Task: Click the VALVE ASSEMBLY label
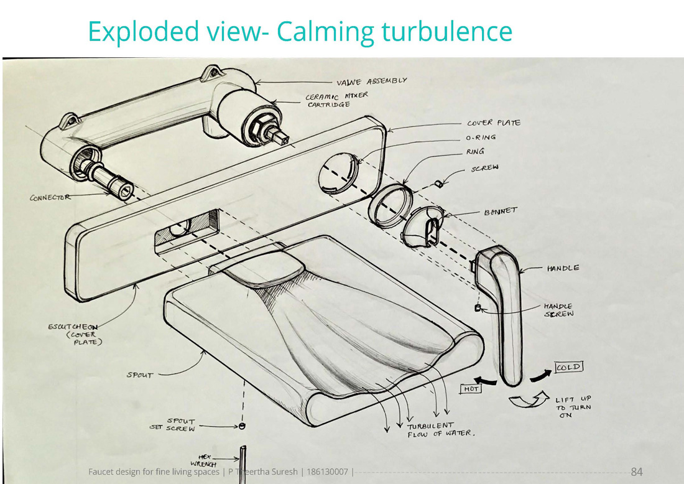(x=371, y=81)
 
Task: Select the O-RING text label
(x=481, y=137)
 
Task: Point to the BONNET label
(x=501, y=212)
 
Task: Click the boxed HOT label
(x=470, y=389)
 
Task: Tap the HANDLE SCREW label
(x=558, y=310)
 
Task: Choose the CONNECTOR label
(x=50, y=198)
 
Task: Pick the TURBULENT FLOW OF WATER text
(x=441, y=430)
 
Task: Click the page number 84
(x=637, y=471)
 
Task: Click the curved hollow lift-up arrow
(x=525, y=401)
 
